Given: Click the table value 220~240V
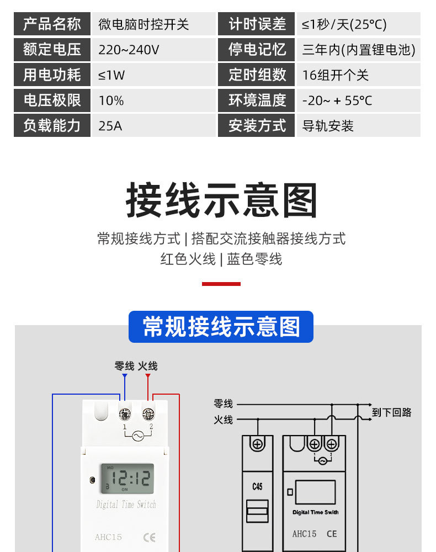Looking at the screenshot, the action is [129, 50].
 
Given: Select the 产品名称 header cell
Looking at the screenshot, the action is [52, 24].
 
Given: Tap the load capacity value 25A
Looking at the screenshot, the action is [110, 126].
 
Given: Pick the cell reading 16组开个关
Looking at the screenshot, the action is [335, 75].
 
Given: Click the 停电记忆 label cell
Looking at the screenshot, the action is [257, 50].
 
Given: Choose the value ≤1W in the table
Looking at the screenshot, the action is [111, 75].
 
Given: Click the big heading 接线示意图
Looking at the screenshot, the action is [222, 200].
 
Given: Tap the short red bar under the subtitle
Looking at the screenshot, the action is [221, 284].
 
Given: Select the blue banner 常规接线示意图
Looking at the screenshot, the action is [221, 326].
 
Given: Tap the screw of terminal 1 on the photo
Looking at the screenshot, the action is [125, 413].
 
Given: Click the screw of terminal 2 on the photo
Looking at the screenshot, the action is [148, 413].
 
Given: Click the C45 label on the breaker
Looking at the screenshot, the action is [257, 487].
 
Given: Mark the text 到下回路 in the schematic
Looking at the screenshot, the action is [391, 412].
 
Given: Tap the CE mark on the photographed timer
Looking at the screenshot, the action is [149, 537].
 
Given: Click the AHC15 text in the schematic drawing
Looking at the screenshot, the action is [304, 534].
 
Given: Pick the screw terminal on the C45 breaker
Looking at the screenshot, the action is [257, 443].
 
